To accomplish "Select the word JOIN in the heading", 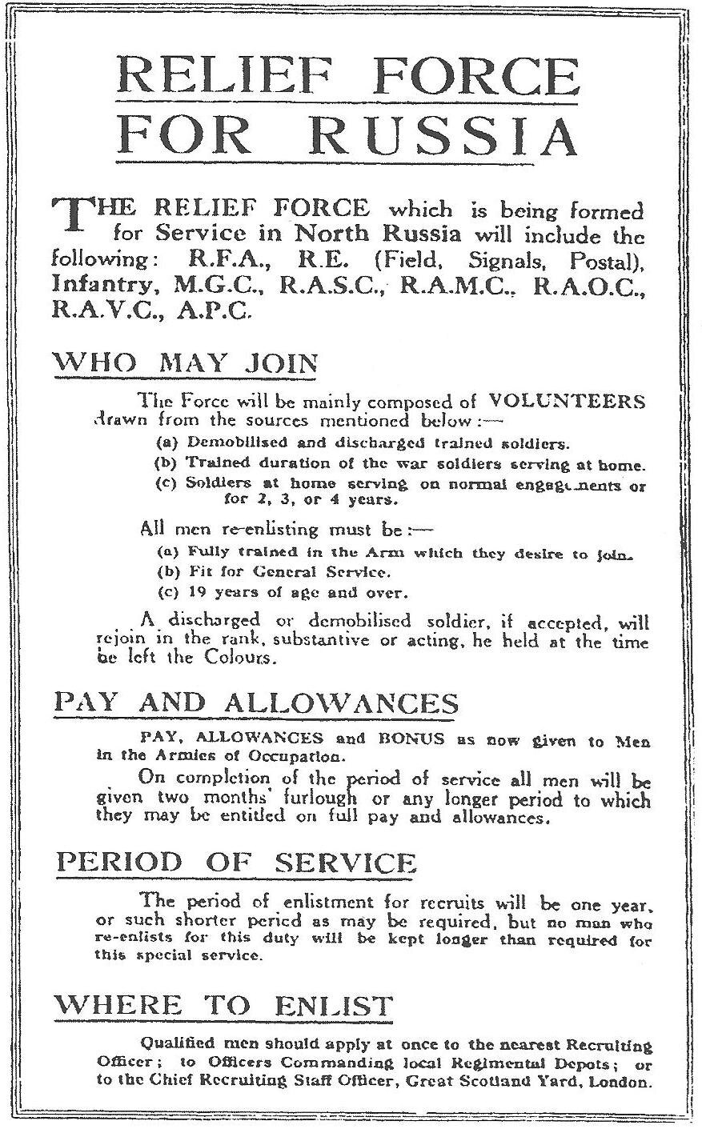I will point(276,363).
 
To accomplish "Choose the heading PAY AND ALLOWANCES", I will point(255,703).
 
